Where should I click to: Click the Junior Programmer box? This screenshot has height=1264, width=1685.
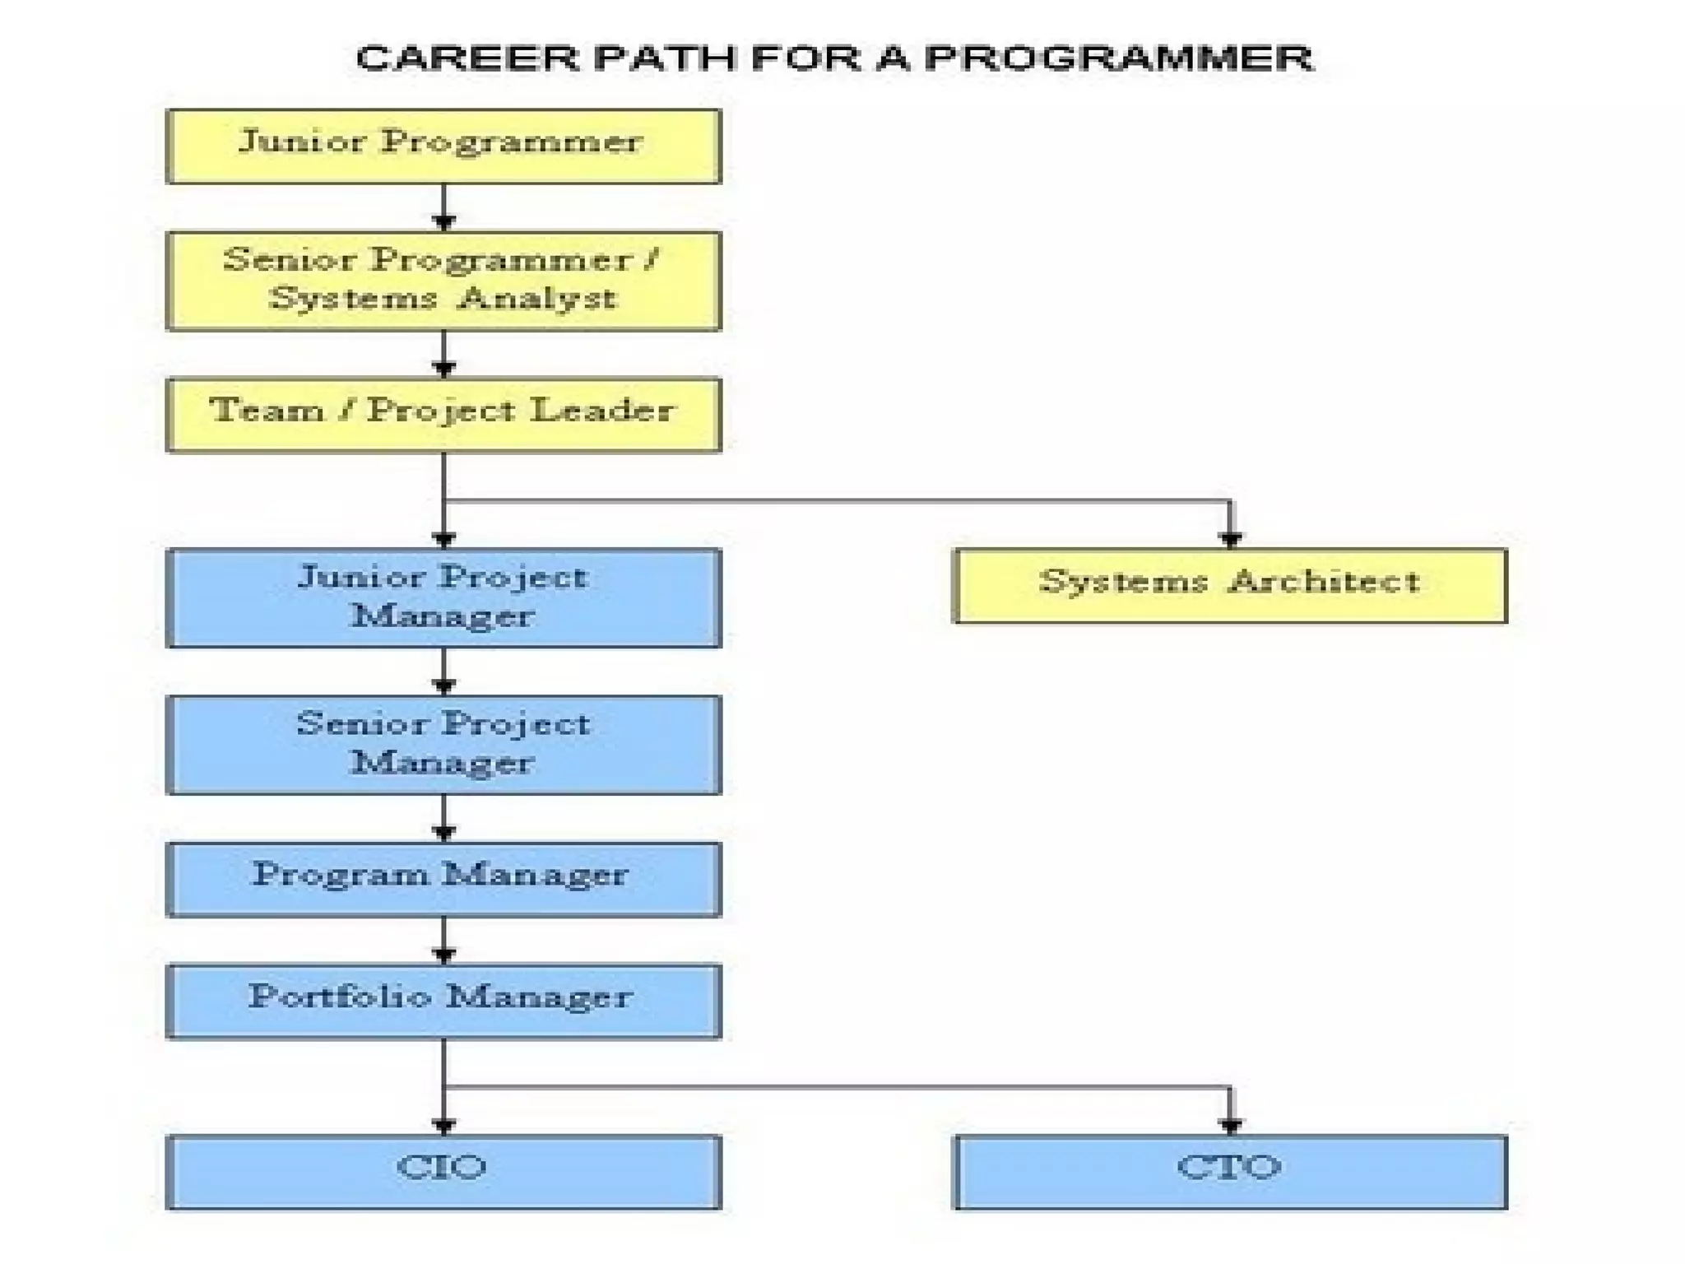(x=443, y=146)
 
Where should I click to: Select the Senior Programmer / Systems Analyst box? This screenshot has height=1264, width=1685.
(x=443, y=281)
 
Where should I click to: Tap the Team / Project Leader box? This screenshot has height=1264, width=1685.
(x=443, y=414)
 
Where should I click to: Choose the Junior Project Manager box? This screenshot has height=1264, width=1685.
(x=443, y=597)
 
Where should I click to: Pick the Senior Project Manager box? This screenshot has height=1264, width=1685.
(x=443, y=744)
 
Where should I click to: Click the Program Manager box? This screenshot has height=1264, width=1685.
(x=443, y=878)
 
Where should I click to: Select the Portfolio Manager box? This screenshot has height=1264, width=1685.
(x=443, y=1001)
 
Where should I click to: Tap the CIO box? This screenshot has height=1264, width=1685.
(x=443, y=1171)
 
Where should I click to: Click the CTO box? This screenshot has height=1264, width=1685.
(x=1230, y=1171)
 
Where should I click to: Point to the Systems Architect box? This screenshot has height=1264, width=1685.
(x=1230, y=585)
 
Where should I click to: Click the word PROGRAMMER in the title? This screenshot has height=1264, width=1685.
(x=1119, y=58)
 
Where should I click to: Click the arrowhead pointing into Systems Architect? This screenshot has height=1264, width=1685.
(x=1231, y=539)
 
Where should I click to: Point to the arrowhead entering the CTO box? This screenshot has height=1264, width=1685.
(x=1231, y=1125)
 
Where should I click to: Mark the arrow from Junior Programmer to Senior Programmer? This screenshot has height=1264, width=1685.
(x=444, y=208)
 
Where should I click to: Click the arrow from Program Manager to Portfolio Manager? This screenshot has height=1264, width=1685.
(x=444, y=941)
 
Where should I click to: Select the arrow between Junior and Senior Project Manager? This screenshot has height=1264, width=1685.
(x=444, y=672)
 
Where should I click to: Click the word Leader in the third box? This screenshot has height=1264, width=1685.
(x=602, y=410)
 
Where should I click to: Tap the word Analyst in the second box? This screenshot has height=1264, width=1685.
(x=537, y=298)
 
